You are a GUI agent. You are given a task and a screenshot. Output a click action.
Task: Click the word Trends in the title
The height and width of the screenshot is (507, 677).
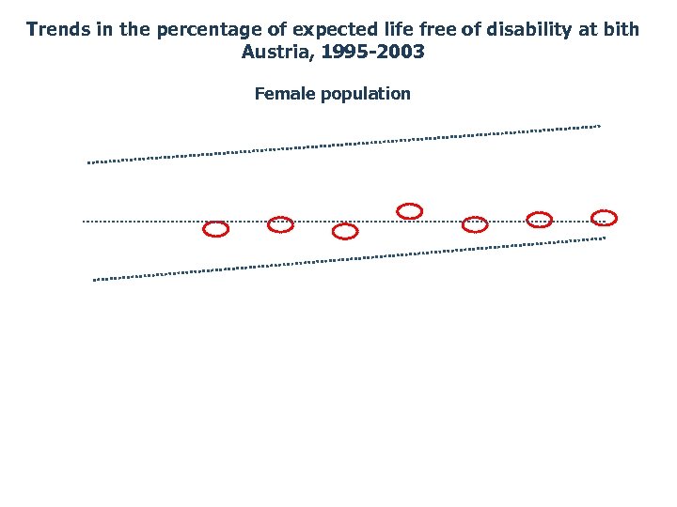point(59,29)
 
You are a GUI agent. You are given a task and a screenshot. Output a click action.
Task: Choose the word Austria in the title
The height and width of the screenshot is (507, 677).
point(277,52)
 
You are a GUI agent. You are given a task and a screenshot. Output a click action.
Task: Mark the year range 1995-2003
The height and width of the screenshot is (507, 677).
point(373,52)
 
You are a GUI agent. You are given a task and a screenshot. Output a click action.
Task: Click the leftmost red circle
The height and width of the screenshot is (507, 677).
point(216,229)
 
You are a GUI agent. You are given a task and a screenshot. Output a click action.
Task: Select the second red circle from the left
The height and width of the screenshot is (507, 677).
point(281,224)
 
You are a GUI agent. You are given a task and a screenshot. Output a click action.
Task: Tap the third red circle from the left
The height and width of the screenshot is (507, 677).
point(345,231)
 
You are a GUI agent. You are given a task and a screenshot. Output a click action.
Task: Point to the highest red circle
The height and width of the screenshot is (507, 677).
point(410,210)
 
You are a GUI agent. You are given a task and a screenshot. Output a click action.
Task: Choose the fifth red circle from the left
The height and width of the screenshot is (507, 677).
point(475,224)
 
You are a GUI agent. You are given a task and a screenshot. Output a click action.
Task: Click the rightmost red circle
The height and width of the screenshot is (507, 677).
point(604,218)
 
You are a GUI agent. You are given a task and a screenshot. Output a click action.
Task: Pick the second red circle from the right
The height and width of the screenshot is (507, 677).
point(540,220)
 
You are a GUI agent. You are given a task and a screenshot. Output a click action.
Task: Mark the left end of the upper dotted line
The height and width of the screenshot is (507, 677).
point(89,162)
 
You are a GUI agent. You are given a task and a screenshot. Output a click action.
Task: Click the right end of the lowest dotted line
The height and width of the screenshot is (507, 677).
point(604,238)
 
